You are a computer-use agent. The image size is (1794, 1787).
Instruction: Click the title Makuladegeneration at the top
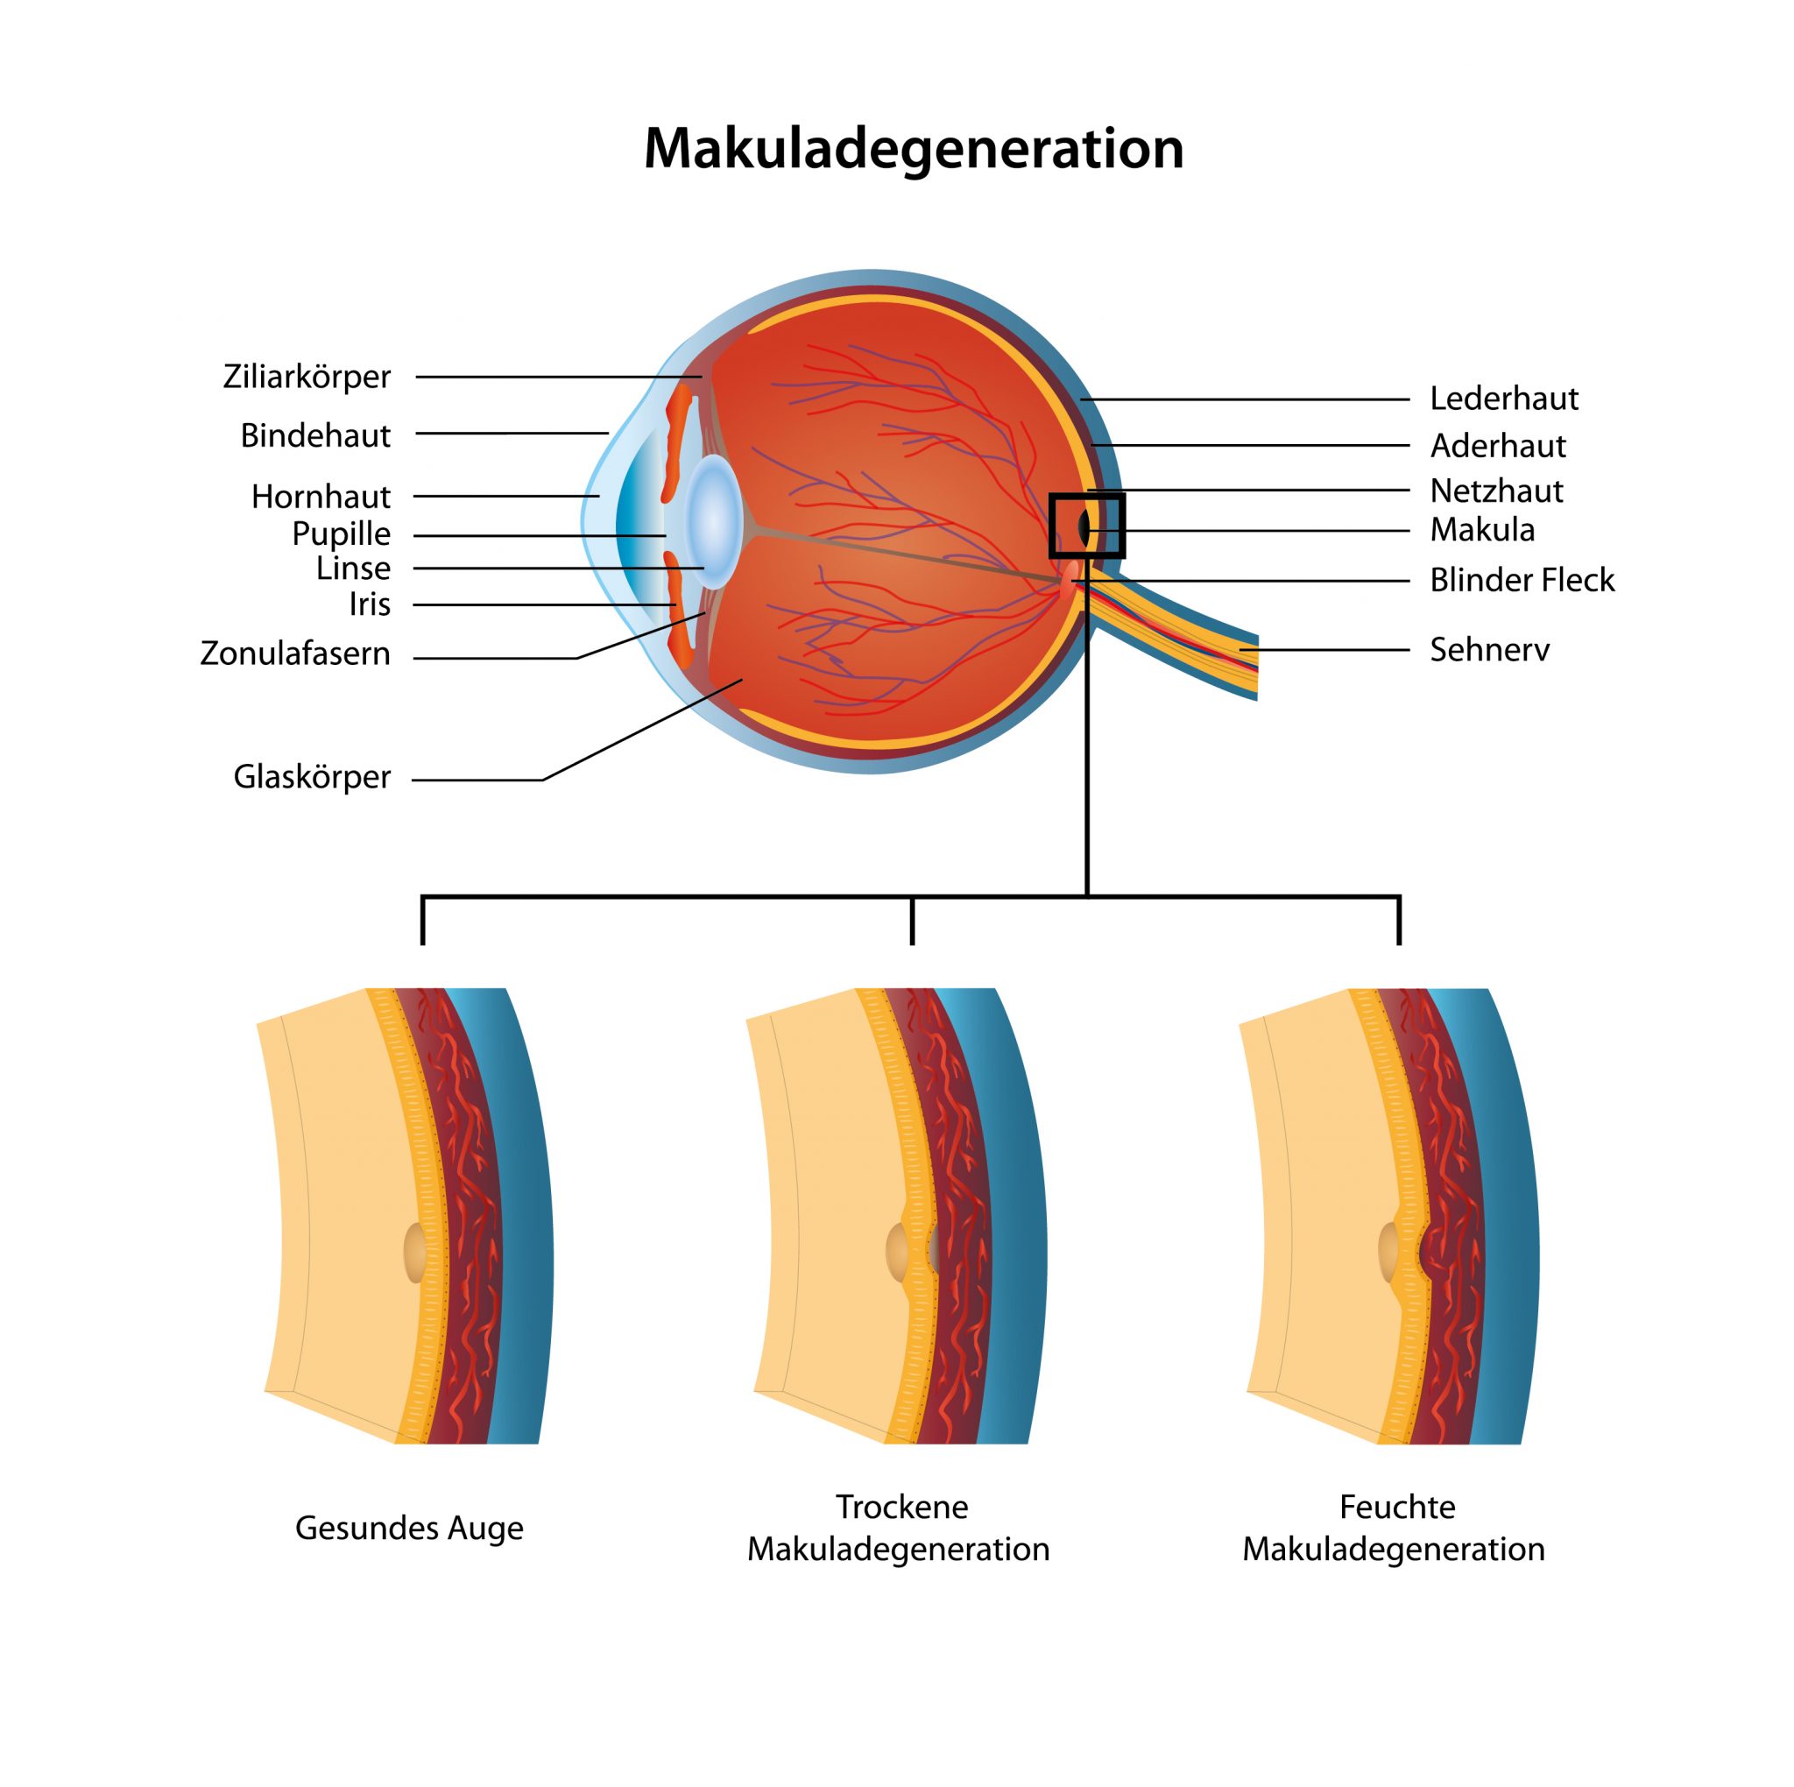click(914, 150)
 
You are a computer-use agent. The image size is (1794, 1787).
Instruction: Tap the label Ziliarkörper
click(307, 376)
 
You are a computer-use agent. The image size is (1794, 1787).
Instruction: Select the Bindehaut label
click(315, 434)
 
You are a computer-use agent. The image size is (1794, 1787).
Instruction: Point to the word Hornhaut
click(321, 496)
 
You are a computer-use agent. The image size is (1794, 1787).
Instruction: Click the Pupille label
click(341, 534)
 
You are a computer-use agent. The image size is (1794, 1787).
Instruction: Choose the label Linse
click(353, 568)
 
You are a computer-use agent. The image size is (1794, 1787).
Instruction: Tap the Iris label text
click(370, 604)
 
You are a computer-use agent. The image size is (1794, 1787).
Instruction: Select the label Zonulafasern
click(295, 653)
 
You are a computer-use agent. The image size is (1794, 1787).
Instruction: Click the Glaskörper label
click(312, 775)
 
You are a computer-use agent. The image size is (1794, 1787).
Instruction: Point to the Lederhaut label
click(1504, 399)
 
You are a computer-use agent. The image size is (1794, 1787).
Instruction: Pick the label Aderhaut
click(1498, 446)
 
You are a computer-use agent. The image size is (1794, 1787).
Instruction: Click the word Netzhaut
click(1497, 491)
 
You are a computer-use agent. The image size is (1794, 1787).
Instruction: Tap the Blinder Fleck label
click(1522, 580)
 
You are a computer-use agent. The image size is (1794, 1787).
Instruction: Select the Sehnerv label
click(1489, 649)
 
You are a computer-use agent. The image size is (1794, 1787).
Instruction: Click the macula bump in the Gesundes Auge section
click(415, 1252)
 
